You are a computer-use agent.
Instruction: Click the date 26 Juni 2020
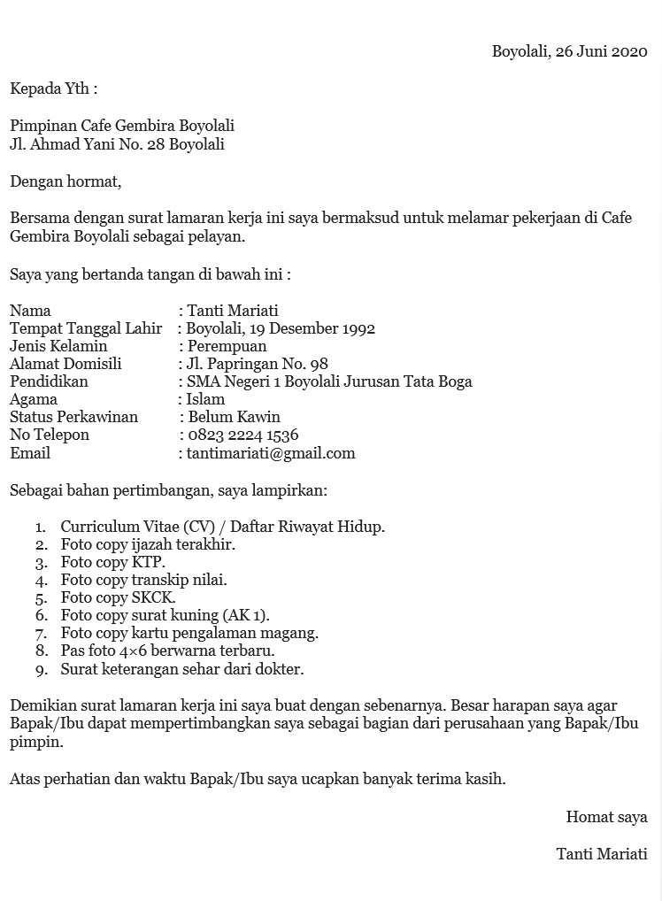601,51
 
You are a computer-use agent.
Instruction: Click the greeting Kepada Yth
53,89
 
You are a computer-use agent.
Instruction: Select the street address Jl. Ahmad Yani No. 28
88,144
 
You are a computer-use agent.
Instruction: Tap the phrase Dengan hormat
65,181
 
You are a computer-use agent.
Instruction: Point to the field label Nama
30,311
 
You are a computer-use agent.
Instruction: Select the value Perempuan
227,346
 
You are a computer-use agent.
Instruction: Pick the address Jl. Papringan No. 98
257,364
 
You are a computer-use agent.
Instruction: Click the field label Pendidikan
49,381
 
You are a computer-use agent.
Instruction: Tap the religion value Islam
205,399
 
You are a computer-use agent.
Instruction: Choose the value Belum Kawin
235,417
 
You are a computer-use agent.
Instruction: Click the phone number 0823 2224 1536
243,435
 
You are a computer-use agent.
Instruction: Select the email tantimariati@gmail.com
271,453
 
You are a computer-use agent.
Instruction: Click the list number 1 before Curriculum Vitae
41,528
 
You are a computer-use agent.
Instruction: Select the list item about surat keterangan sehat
181,669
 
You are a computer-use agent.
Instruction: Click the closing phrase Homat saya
606,817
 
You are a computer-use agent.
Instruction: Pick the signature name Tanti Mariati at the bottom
601,854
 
